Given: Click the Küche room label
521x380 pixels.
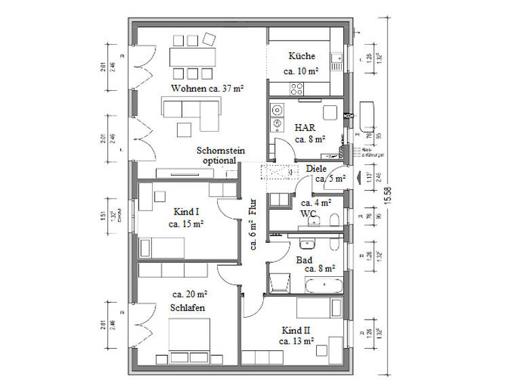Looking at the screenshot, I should click(x=301, y=57).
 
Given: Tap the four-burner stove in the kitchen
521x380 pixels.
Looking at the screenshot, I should click(x=297, y=88).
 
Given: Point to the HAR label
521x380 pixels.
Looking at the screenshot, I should click(x=303, y=127).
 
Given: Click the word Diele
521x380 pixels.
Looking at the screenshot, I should click(x=316, y=168).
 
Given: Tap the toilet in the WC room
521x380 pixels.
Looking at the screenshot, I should click(x=334, y=218).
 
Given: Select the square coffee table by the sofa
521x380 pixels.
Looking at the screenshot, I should click(x=184, y=129).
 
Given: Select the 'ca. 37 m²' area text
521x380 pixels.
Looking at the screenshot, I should click(x=227, y=89).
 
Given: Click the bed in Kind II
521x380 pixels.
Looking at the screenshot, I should click(x=319, y=307).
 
